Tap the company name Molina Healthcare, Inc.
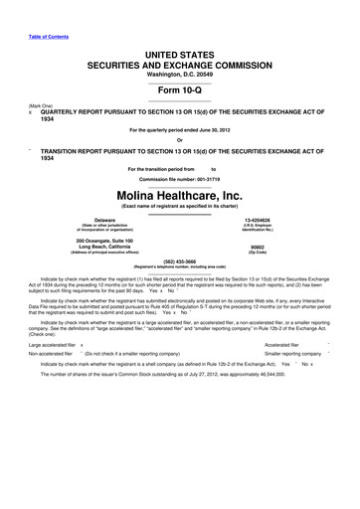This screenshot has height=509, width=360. tap(180, 170)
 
